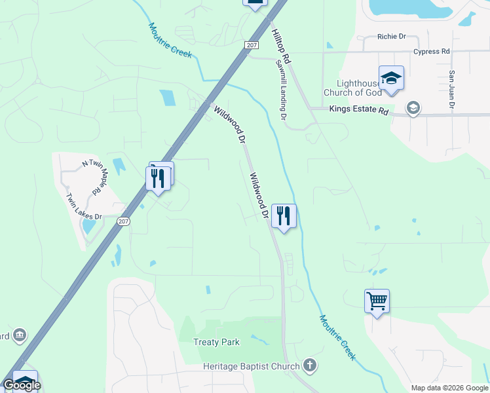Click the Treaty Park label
click(216, 342)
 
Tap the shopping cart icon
click(377, 301)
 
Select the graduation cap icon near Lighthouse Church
click(391, 79)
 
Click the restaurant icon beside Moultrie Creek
click(284, 216)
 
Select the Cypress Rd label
click(431, 51)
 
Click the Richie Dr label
click(392, 37)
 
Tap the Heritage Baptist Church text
click(251, 365)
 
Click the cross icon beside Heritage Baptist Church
click(310, 365)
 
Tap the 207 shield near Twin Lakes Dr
click(123, 221)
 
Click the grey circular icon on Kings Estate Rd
click(413, 107)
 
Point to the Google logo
click(22, 385)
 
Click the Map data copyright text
click(448, 387)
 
